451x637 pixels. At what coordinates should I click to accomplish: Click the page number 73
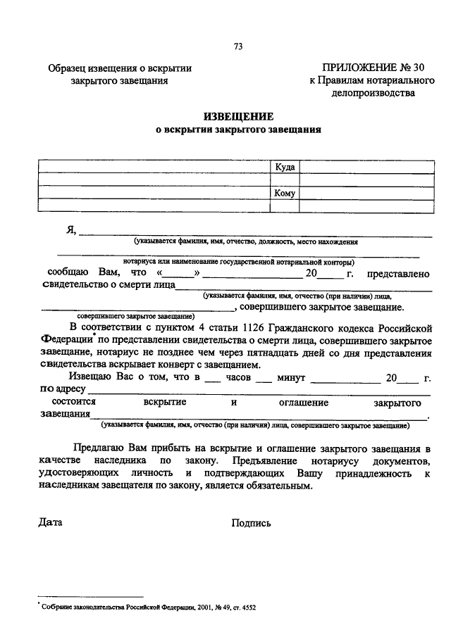(x=238, y=47)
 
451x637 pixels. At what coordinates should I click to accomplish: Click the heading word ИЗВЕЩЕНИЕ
(x=238, y=116)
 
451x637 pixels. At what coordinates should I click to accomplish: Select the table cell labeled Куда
(x=285, y=167)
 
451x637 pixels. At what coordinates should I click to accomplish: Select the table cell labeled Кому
(x=285, y=193)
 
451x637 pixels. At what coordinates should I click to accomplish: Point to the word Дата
(x=51, y=522)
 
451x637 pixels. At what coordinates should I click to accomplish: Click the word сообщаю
(x=68, y=272)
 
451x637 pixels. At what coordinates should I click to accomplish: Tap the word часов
(x=238, y=378)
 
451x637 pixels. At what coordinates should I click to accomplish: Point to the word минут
(x=290, y=378)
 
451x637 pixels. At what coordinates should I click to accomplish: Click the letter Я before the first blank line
(x=70, y=230)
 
